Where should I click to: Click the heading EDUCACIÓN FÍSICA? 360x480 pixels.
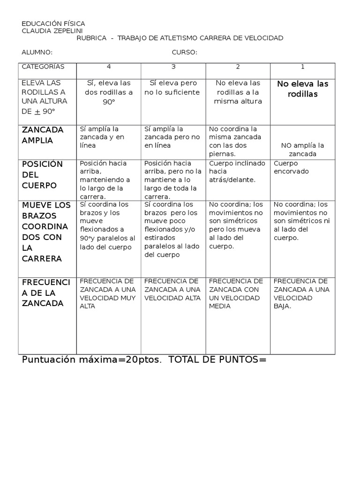[x=53, y=23]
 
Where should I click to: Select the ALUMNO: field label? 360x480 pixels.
[x=37, y=52]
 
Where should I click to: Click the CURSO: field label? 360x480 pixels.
[x=184, y=52]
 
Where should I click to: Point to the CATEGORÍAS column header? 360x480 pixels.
[x=43, y=67]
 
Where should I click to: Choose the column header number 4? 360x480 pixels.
[x=109, y=67]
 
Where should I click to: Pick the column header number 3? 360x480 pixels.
[x=173, y=67]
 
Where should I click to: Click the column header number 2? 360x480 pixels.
[x=238, y=67]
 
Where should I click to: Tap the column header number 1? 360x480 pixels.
[x=302, y=67]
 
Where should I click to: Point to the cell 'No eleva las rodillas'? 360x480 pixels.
[x=303, y=89]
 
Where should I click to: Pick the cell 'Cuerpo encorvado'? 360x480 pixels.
[x=292, y=167]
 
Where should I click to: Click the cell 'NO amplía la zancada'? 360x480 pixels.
[x=303, y=150]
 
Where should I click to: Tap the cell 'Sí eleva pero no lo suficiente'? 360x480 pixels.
[x=172, y=88]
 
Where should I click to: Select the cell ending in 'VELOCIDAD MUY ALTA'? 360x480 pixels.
[x=108, y=293]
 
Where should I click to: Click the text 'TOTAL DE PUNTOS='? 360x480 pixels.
[x=217, y=360]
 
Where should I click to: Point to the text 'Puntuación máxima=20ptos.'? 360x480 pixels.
[x=92, y=360]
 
